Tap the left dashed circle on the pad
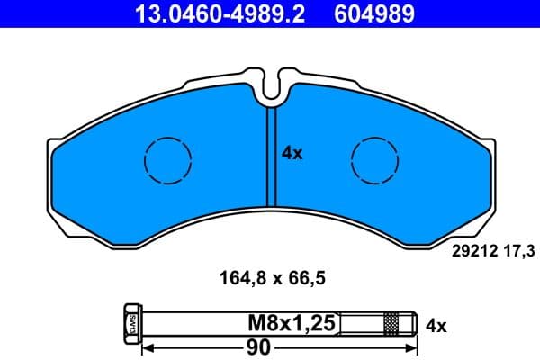tap(167, 162)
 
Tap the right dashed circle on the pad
tap(373, 162)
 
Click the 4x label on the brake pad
tap(292, 154)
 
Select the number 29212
tap(467, 255)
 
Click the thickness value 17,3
tap(509, 255)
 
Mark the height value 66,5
tap(304, 278)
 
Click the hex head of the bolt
tap(127, 322)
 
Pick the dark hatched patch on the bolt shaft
tap(391, 322)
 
